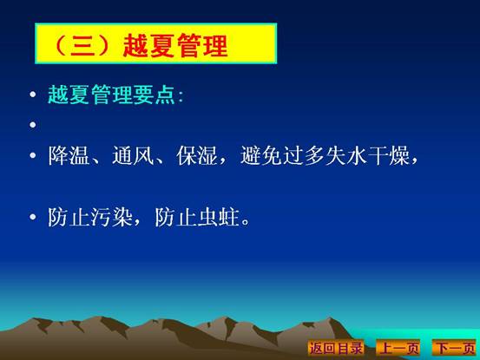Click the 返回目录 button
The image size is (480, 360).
pyautogui.click(x=336, y=348)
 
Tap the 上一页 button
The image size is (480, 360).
pyautogui.click(x=398, y=348)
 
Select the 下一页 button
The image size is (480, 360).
pyautogui.click(x=455, y=348)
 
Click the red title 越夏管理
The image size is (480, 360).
pyautogui.click(x=175, y=46)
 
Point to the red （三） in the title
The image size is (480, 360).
pyautogui.click(x=83, y=46)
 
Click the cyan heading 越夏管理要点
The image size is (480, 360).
pyautogui.click(x=111, y=95)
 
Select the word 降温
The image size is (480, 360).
pyautogui.click(x=69, y=155)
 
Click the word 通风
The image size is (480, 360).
pyautogui.click(x=133, y=155)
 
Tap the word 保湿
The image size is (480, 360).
pyautogui.click(x=197, y=155)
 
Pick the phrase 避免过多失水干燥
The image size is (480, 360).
pyautogui.click(x=325, y=155)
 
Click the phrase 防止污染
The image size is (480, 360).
pyautogui.click(x=90, y=217)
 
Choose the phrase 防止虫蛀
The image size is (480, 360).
pyautogui.click(x=197, y=217)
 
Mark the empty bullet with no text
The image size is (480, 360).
pyautogui.click(x=33, y=125)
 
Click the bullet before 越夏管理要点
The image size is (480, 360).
pyautogui.click(x=33, y=94)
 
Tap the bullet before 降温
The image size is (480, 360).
pyautogui.click(x=33, y=155)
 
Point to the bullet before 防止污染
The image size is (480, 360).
pyautogui.click(x=33, y=217)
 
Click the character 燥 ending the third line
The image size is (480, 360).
pyautogui.click(x=399, y=155)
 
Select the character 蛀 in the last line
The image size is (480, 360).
pyautogui.click(x=228, y=217)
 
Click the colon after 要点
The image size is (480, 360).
pyautogui.click(x=181, y=97)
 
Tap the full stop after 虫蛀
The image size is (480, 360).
pyautogui.click(x=246, y=222)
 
